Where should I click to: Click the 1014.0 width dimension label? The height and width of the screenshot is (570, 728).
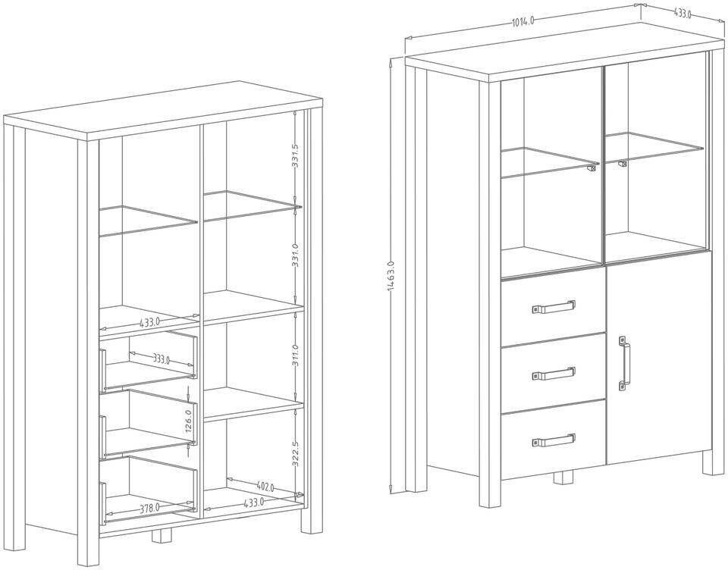(x=523, y=22)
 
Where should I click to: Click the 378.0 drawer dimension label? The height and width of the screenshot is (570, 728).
(x=149, y=508)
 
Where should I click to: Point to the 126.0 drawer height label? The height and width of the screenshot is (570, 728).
(x=189, y=419)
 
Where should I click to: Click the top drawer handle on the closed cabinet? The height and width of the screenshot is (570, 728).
(x=554, y=306)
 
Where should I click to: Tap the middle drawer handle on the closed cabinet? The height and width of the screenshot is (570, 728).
(x=554, y=373)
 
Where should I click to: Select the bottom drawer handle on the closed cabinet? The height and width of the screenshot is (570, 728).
(x=554, y=439)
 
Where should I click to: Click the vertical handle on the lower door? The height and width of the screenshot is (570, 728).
(x=623, y=365)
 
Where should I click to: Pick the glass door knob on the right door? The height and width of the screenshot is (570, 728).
(x=622, y=161)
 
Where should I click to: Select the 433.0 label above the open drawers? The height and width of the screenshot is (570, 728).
(x=149, y=322)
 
